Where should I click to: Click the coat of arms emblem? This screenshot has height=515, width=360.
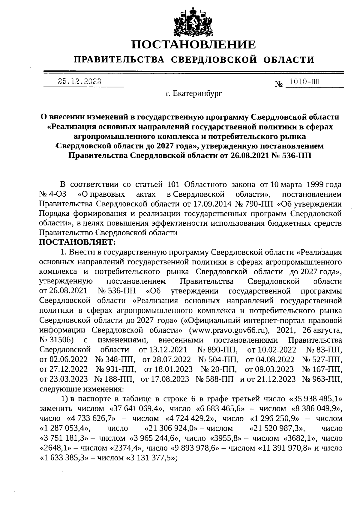(193, 22)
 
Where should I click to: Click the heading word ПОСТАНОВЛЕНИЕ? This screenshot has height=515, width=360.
(193, 45)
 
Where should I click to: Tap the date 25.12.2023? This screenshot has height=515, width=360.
(79, 82)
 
